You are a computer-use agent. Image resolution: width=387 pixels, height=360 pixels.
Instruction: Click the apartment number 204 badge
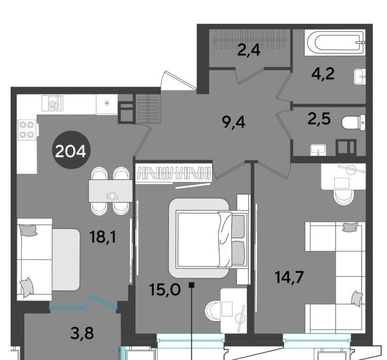pos(72,150)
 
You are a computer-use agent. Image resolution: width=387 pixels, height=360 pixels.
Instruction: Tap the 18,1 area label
pos(103,237)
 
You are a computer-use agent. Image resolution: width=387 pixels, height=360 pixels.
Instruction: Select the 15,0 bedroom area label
pos(165,290)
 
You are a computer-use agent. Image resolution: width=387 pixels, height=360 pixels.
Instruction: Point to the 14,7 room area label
pos(289,277)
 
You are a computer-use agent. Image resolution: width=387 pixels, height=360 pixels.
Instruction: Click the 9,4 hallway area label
pos(233,122)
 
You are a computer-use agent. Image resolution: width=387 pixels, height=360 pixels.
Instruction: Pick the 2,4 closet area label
pos(249,50)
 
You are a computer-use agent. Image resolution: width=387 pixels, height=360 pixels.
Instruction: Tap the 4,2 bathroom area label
pos(323,74)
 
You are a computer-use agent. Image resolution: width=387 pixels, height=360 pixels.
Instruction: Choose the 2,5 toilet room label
pos(319,119)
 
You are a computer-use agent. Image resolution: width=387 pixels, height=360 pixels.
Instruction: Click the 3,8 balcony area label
pos(82,333)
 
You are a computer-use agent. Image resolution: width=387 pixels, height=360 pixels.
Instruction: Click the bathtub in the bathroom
pos(335,43)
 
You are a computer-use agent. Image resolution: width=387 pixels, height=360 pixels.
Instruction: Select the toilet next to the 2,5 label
pos(354,122)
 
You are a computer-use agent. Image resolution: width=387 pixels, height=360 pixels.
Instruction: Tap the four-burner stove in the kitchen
pos(27,129)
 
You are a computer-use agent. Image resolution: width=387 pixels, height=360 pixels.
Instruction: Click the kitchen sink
pos(53,103)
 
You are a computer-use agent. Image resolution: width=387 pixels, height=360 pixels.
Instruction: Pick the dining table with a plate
pos(111,191)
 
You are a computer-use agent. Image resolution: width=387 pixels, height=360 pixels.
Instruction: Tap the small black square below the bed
pos(192,285)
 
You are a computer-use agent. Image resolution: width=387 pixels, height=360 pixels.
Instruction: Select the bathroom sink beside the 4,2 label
pos(360,77)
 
